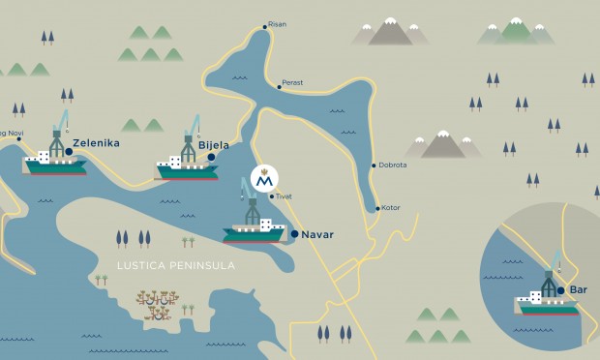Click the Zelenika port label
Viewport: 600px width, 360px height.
(x=97, y=143)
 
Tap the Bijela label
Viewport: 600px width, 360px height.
(x=213, y=145)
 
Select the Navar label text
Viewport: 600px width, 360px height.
(x=317, y=234)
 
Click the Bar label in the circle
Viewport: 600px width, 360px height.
(x=579, y=289)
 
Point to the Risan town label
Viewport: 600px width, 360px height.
(x=277, y=24)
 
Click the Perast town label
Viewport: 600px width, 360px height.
(x=292, y=83)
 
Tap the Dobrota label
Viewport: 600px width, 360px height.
(x=392, y=165)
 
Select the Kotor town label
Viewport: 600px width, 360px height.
(x=391, y=208)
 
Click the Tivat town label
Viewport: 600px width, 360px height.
(x=284, y=196)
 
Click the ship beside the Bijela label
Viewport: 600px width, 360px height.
(x=187, y=166)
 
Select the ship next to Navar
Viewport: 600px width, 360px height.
(x=255, y=228)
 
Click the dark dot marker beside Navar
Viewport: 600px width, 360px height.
(x=294, y=234)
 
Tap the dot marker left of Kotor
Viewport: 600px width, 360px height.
(x=376, y=208)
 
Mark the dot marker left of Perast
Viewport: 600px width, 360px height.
(x=279, y=87)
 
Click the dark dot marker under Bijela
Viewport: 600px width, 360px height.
(x=212, y=156)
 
